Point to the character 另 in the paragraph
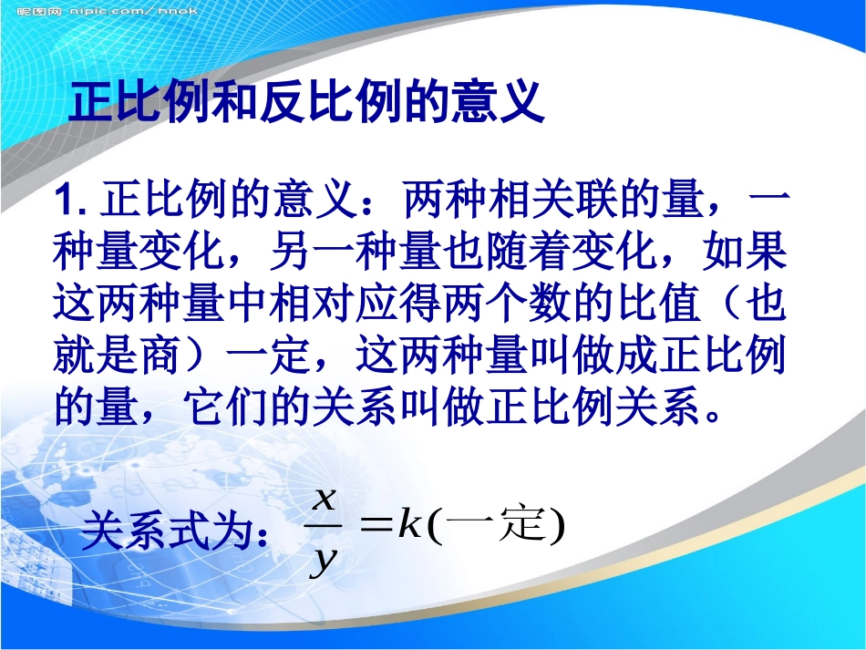[x=294, y=254]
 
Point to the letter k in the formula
[x=408, y=525]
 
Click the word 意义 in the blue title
[x=496, y=102]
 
